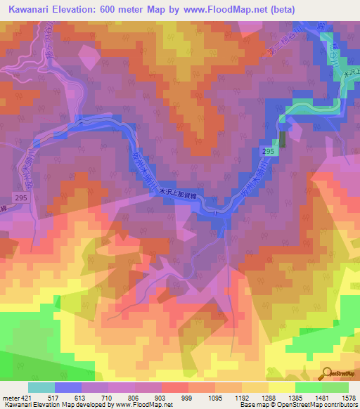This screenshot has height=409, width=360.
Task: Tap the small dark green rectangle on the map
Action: (x=283, y=139)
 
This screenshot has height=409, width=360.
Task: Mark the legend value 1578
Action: (x=347, y=397)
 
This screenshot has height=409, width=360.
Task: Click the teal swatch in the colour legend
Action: (x=41, y=387)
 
